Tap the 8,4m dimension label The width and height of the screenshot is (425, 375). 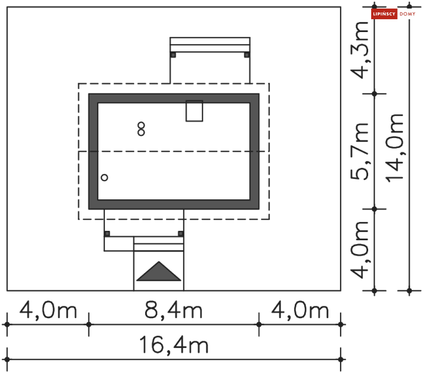pos(173,310)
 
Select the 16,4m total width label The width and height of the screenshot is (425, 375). pos(174,345)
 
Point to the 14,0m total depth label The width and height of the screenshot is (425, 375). pos(394,148)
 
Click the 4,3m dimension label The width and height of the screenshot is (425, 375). pos(360,50)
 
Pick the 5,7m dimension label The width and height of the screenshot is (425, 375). pos(360,151)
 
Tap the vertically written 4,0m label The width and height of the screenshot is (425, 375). pos(360,250)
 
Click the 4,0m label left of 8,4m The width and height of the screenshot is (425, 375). pos(48,310)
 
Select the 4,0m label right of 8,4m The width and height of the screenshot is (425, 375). pos(300,310)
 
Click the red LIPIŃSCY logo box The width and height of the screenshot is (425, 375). pos(384,14)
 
